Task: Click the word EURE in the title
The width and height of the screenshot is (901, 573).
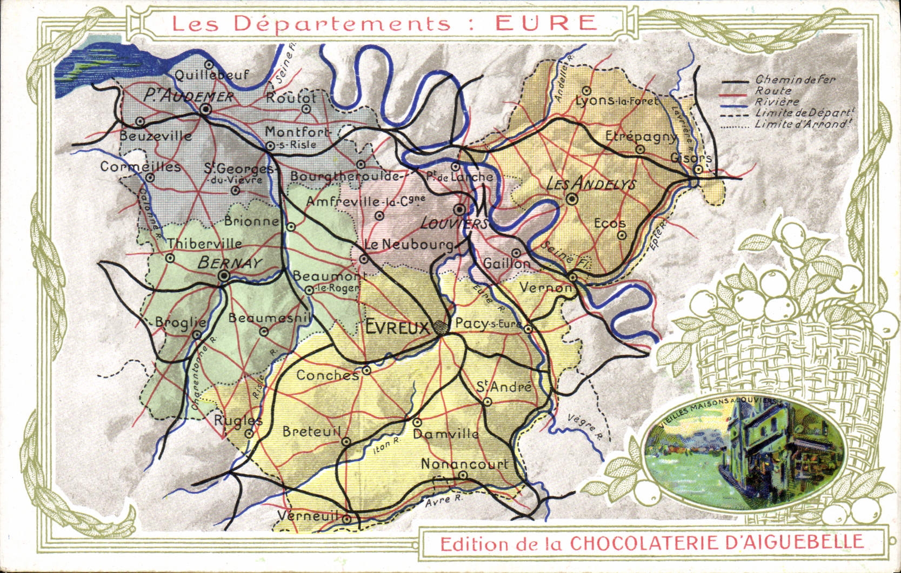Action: tap(546, 23)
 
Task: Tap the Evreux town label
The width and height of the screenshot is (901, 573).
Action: tap(397, 327)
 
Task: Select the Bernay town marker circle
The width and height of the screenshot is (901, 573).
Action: tap(224, 277)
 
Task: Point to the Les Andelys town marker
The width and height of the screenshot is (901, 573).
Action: tap(572, 199)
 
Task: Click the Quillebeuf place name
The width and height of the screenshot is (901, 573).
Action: tap(211, 75)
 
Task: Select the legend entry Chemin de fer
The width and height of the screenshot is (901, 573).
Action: tap(796, 80)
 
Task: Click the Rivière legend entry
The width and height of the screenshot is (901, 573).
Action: tap(777, 102)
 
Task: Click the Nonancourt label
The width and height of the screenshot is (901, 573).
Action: tap(464, 463)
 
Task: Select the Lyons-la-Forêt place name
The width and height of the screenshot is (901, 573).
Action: tap(616, 100)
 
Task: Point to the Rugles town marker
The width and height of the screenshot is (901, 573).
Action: tap(249, 433)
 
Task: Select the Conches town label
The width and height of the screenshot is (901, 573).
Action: tap(327, 375)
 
